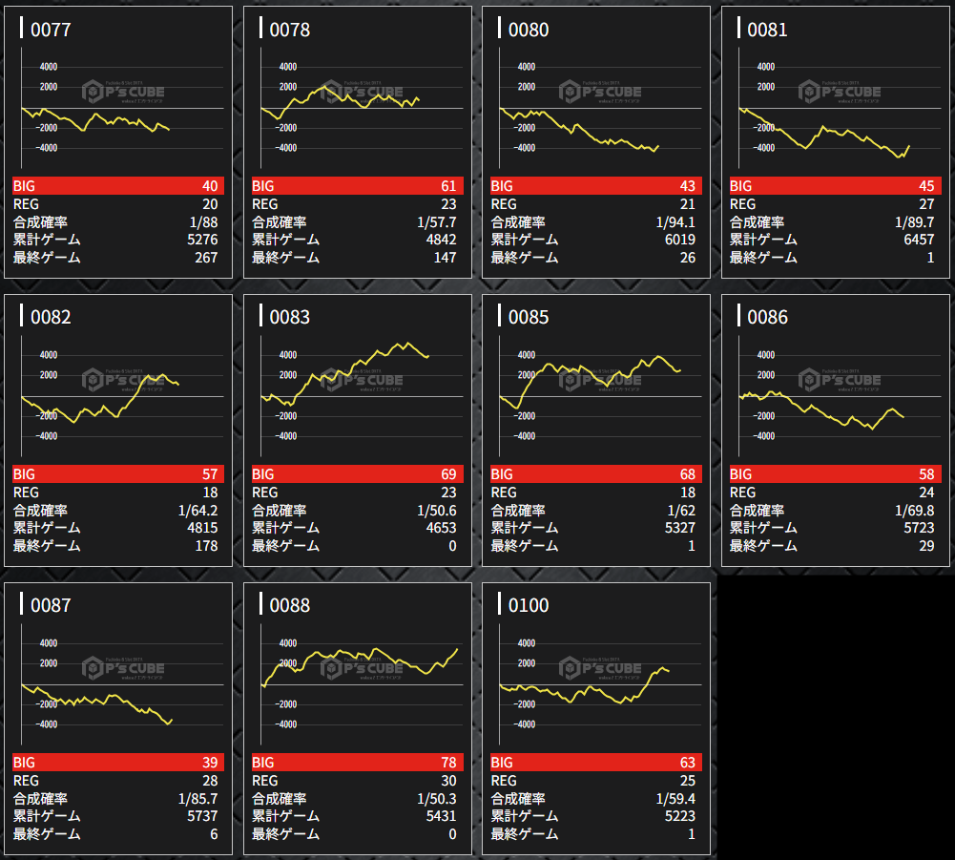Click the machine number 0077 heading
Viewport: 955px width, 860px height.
[x=51, y=30]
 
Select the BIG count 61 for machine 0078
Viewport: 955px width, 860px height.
[x=447, y=186]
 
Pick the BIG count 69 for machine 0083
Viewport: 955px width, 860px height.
[x=447, y=474]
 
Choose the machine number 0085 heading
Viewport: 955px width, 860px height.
[x=529, y=318]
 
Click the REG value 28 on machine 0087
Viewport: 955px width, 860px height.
[x=209, y=781]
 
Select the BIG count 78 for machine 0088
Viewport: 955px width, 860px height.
[x=447, y=763]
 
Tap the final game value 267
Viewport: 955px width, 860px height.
[x=205, y=258]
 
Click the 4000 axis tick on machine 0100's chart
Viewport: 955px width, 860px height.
[x=525, y=642]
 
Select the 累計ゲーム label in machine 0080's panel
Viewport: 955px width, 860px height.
[x=525, y=240]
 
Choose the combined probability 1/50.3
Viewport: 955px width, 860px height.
[x=436, y=799]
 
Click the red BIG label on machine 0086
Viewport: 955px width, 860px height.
[x=741, y=474]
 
